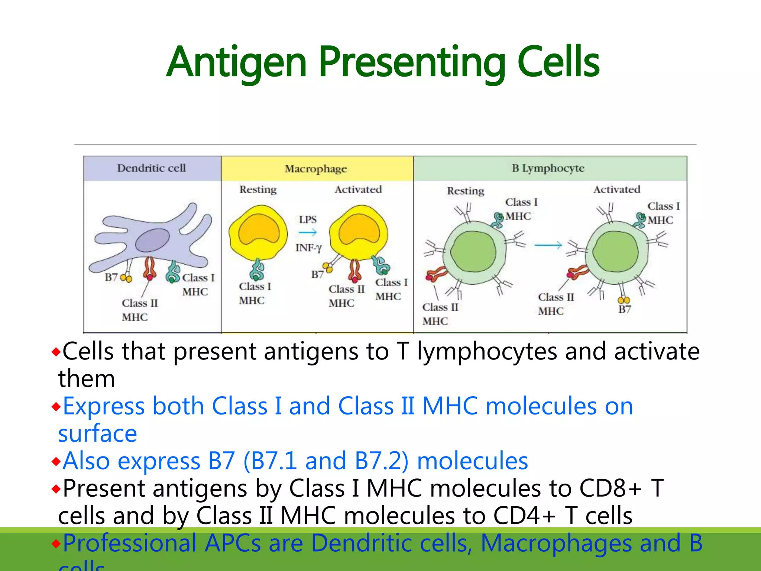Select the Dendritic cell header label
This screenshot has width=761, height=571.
click(x=151, y=168)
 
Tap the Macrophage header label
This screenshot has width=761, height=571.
click(x=315, y=169)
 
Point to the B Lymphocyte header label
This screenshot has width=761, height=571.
click(x=548, y=168)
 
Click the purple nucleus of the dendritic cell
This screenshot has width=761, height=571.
click(x=152, y=241)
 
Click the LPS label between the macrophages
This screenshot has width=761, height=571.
click(x=308, y=219)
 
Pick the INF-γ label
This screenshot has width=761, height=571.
click(x=308, y=248)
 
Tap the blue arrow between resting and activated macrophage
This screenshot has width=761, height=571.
click(x=307, y=233)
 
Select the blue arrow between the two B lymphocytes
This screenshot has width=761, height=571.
click(x=548, y=245)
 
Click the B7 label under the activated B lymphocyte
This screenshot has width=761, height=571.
click(x=624, y=309)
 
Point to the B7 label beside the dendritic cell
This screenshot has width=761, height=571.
click(x=111, y=277)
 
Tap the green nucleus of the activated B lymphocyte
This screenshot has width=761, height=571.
click(x=615, y=252)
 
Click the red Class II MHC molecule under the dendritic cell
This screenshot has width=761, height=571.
click(x=149, y=268)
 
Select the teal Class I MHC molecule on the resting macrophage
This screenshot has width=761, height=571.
click(x=257, y=271)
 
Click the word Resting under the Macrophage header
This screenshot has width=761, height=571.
click(x=258, y=190)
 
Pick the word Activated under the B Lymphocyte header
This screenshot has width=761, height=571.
click(x=616, y=190)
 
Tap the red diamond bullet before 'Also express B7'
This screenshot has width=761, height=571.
click(x=56, y=462)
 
